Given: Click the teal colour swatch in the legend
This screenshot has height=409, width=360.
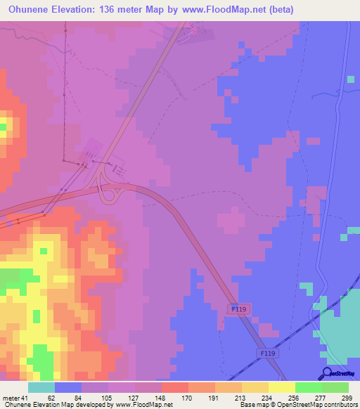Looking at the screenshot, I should click(x=41, y=388).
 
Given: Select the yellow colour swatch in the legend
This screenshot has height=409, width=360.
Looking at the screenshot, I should click(x=281, y=388).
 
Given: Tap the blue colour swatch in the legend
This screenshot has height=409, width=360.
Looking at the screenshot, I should click(x=68, y=388).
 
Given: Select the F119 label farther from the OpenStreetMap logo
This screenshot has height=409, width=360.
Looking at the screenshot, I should click(x=240, y=309).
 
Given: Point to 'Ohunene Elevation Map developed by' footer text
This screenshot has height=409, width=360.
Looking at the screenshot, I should click(x=49, y=405).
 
